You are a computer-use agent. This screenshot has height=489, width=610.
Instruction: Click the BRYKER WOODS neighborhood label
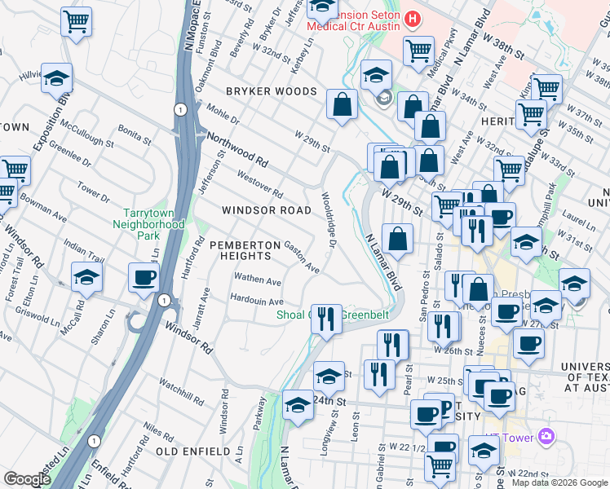pos(271,91)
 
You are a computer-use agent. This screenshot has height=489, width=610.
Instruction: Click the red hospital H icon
pos(413,18)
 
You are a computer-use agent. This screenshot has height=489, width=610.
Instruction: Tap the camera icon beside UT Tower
pos(546,438)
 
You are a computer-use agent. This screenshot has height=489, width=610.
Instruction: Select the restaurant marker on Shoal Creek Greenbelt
pos(328,319)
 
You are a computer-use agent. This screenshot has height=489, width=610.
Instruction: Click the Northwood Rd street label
pos(237,148)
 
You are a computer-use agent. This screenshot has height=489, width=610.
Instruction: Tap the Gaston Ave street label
pos(301,256)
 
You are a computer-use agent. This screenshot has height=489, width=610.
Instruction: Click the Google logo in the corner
pos(28,479)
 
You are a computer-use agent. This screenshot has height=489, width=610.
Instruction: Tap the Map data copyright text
pos(559,482)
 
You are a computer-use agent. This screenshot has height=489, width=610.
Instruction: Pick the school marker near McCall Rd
pos(86,278)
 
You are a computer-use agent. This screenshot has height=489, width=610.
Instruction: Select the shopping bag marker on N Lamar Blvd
pos(397,240)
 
